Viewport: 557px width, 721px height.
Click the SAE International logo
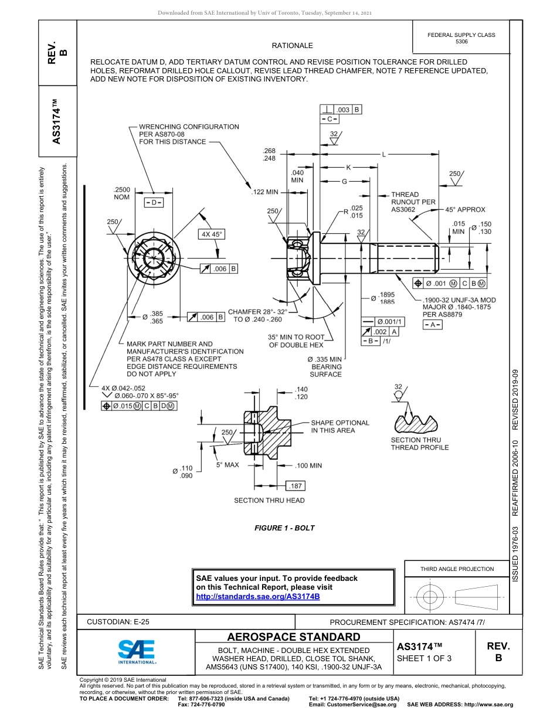(137, 651)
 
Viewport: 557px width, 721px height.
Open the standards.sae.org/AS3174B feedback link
(257, 596)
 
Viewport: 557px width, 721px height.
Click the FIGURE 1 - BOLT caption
(284, 528)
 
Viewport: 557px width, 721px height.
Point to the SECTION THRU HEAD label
(269, 501)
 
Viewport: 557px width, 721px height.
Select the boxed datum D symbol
(154, 202)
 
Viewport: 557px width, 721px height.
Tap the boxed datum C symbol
(330, 120)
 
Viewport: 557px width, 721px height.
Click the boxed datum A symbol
(433, 325)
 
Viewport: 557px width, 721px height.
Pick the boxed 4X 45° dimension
(212, 234)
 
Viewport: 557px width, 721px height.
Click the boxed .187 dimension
(295, 486)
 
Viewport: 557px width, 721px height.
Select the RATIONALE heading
(292, 46)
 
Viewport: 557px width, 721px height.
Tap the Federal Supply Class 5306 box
(461, 38)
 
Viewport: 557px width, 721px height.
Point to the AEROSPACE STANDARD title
(294, 637)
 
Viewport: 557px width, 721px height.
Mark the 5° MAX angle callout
(227, 465)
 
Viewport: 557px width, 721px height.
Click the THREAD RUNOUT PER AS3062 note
(413, 202)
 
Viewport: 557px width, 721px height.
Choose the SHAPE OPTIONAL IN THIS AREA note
(339, 426)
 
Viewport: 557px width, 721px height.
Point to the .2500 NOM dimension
(121, 193)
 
